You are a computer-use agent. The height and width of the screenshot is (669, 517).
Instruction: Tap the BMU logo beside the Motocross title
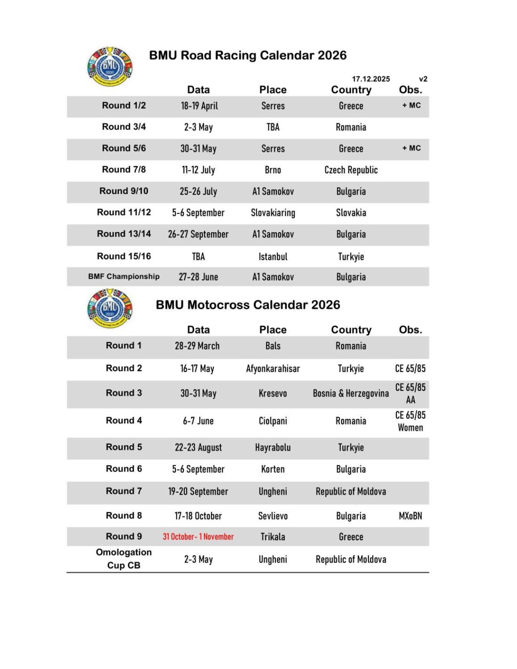click(110, 308)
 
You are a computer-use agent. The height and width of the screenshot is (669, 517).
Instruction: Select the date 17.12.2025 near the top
click(371, 79)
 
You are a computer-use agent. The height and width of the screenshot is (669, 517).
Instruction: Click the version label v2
click(423, 79)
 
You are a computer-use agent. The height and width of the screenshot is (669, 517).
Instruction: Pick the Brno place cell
click(273, 170)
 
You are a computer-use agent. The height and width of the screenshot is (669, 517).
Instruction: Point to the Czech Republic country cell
click(351, 170)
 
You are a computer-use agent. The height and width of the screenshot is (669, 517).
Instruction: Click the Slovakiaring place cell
click(273, 213)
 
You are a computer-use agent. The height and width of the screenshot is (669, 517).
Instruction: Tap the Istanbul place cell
click(273, 257)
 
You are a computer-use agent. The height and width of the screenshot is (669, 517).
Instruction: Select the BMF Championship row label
click(124, 276)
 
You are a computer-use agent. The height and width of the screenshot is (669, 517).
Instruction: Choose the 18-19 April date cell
click(199, 106)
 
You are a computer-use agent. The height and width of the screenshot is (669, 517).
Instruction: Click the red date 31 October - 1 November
click(198, 537)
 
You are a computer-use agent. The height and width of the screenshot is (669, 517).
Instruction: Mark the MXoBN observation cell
click(410, 516)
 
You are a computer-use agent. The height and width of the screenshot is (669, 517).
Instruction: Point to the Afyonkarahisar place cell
click(273, 369)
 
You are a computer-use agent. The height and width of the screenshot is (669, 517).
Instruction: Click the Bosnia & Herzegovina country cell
click(351, 394)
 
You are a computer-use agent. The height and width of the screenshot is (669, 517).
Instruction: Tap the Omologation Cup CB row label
click(124, 559)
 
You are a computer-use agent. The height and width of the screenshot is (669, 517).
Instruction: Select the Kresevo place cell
click(273, 394)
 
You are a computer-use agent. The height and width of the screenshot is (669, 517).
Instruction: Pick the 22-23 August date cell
click(198, 448)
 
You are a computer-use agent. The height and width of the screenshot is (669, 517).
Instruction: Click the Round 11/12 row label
click(124, 212)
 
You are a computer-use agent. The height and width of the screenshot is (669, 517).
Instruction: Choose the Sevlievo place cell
click(273, 516)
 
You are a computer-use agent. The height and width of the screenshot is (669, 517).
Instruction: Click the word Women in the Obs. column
click(410, 428)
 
